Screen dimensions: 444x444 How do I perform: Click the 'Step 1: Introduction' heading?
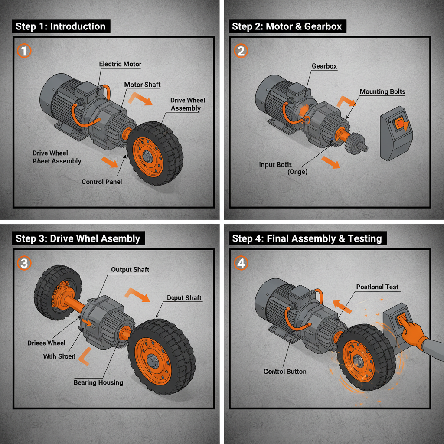click(60, 26)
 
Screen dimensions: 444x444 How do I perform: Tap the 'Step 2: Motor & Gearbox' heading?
click(287, 26)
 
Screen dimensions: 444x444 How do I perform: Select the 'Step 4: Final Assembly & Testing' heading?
click(307, 238)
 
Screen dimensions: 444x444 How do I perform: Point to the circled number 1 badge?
click(24, 51)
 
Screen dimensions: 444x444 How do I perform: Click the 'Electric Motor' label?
click(120, 64)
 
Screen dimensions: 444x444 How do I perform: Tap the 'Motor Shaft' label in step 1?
click(142, 85)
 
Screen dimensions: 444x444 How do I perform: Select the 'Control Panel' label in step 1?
click(101, 182)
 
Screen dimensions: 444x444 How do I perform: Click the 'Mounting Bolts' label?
click(382, 92)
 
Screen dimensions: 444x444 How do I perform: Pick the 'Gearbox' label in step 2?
click(324, 66)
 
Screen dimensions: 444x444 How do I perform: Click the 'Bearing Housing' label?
click(98, 382)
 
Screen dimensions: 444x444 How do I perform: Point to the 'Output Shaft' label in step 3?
click(130, 270)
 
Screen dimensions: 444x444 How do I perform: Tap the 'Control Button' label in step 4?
click(284, 372)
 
